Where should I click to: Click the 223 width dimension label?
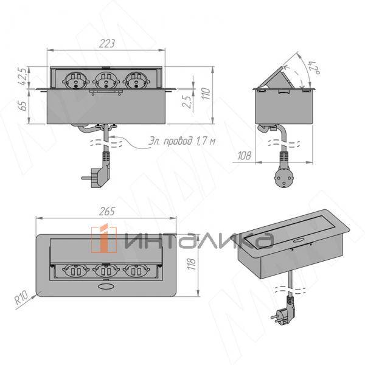[x=107, y=44]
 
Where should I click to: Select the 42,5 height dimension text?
[x=23, y=77]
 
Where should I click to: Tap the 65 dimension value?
[x=23, y=106]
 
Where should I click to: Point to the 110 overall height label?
[x=206, y=94]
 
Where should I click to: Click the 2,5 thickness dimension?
[x=187, y=101]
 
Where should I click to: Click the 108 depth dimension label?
[x=244, y=156]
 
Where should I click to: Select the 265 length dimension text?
[x=107, y=212]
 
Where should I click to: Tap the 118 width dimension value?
[x=192, y=264]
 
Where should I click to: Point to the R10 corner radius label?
[x=21, y=297]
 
